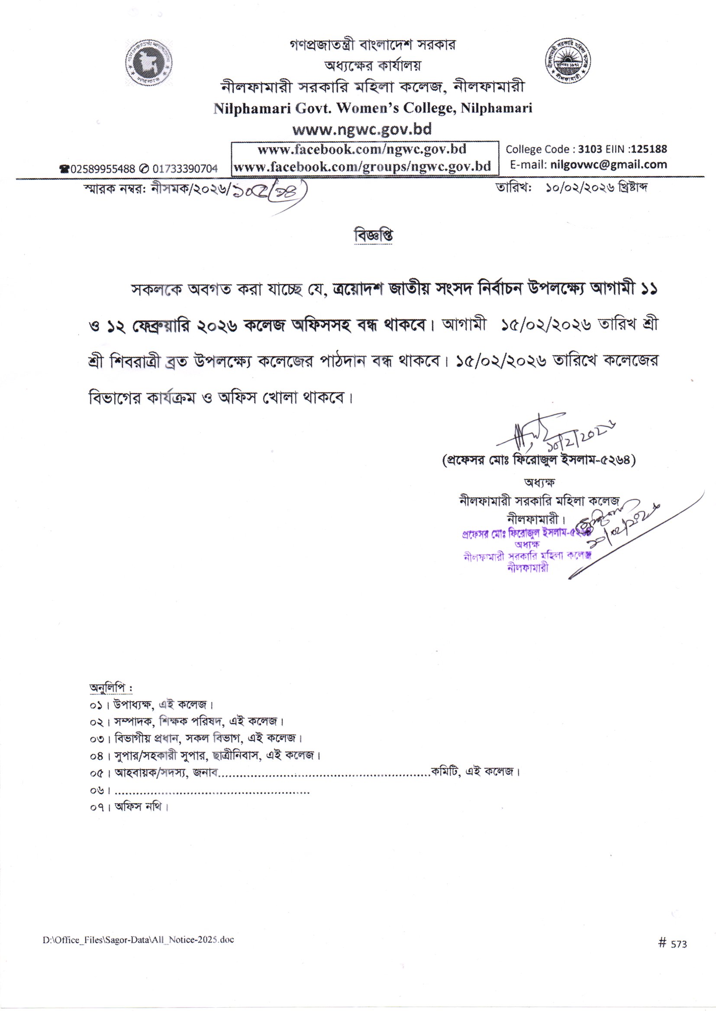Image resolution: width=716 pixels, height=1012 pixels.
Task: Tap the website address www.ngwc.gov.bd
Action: coord(362,129)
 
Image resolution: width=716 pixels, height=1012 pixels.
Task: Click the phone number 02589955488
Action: coord(102,168)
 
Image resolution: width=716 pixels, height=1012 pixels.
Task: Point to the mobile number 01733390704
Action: coord(185,168)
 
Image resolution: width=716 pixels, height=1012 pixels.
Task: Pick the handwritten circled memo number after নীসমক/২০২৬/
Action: coord(268,190)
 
